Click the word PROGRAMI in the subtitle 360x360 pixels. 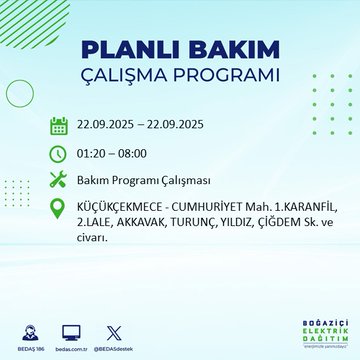(x=225, y=76)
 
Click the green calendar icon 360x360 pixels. (x=59, y=125)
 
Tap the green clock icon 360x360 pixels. (x=59, y=154)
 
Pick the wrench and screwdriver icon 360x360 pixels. (x=59, y=182)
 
